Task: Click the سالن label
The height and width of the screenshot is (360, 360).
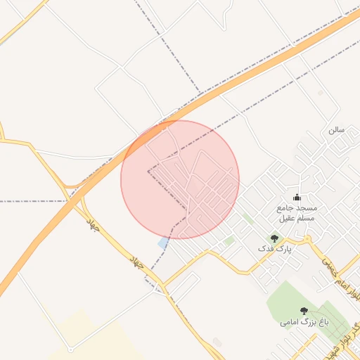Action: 336,130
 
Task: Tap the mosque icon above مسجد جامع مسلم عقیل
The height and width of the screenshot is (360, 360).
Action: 296,198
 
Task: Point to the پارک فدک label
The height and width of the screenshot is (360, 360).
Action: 274,249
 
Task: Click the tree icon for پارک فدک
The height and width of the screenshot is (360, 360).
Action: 274,239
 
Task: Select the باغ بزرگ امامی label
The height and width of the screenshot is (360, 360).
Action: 304,322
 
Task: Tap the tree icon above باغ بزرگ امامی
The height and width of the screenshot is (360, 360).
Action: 304,311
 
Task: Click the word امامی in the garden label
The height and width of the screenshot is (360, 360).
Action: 289,322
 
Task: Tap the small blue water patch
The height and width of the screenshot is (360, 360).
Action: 163,243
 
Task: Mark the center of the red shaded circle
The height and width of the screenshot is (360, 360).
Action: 180,180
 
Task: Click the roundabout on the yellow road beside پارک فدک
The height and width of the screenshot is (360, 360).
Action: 307,239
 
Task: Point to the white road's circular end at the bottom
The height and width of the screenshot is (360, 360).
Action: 70,349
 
